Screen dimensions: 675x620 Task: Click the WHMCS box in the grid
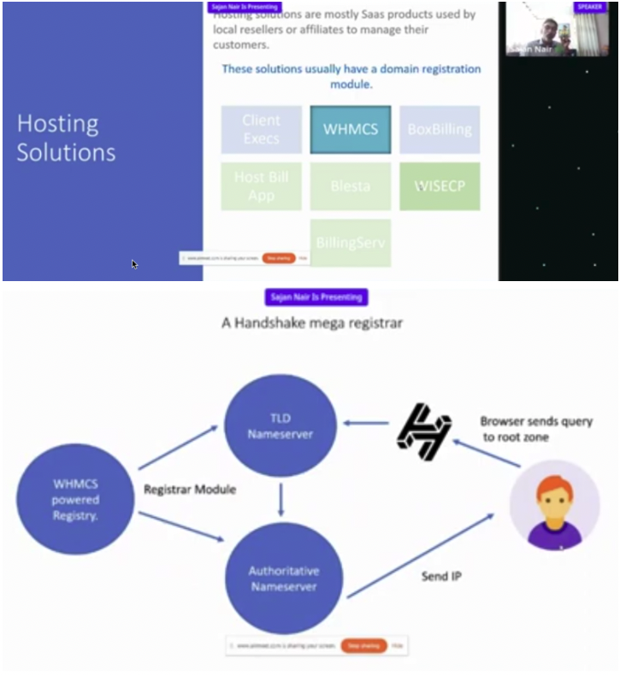[x=350, y=130]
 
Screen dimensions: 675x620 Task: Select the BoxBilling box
[x=440, y=130]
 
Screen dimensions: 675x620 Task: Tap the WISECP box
[x=440, y=186]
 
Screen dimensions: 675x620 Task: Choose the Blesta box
[x=350, y=186]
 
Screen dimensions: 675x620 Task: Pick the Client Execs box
[x=261, y=130]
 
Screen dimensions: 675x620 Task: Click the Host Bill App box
[x=261, y=186]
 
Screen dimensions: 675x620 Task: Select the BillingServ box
[x=350, y=243]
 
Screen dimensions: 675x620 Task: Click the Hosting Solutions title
[x=67, y=138]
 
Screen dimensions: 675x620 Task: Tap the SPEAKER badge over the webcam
[x=590, y=7]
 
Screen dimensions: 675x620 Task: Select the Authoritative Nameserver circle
[x=283, y=577]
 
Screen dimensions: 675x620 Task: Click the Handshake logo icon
[x=423, y=432]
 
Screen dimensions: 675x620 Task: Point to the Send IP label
[x=441, y=577]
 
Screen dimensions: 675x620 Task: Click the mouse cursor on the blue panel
[x=135, y=264]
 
